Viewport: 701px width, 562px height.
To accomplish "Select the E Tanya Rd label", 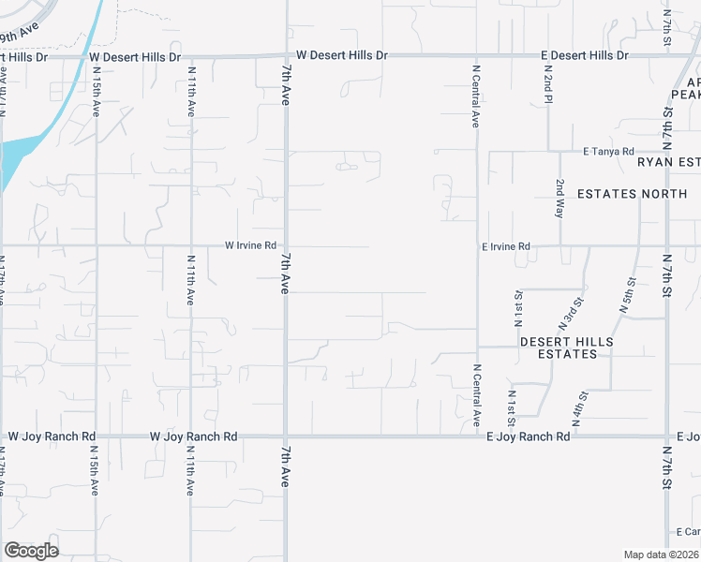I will tap(608, 151).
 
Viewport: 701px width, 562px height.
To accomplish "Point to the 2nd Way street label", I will tap(559, 199).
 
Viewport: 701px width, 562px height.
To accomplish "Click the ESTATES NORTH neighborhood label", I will tap(633, 194).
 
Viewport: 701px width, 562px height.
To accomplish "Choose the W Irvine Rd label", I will tap(250, 245).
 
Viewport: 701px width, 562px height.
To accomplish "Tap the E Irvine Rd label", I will tap(506, 247).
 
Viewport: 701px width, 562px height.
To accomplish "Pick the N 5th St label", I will tap(629, 294).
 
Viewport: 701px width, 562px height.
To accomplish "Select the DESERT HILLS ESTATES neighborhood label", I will tap(568, 348).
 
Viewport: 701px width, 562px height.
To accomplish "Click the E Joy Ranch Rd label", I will tap(528, 437).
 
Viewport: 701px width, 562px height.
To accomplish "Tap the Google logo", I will tap(31, 551).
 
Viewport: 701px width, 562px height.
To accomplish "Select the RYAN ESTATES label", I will tap(668, 162).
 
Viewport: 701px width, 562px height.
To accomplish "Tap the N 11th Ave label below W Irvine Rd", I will tap(191, 281).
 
